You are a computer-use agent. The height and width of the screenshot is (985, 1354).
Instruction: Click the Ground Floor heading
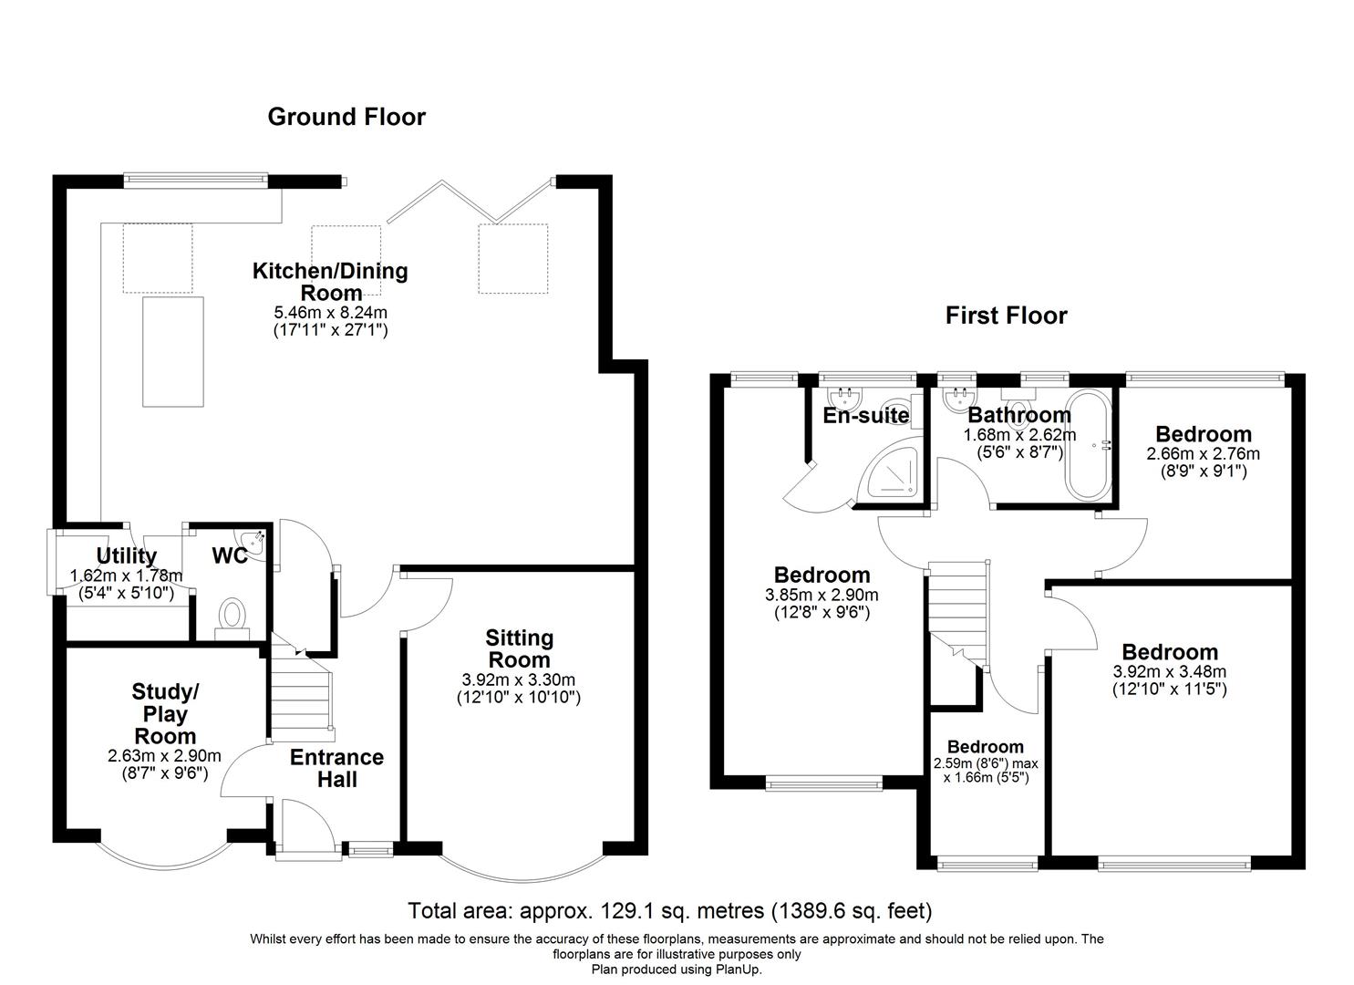pos(346,117)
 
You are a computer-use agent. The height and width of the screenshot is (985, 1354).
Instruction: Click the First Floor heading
pos(1006,316)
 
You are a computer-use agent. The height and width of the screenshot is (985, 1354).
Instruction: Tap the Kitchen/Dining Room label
pos(330,281)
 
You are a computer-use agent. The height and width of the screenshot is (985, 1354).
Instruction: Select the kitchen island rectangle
pos(172,350)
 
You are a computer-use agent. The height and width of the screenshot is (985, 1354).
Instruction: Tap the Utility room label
pos(127,555)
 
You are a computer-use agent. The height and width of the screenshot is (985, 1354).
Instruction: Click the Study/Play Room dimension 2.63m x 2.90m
pos(164,755)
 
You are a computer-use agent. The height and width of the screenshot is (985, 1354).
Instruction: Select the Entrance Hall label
pos(336,768)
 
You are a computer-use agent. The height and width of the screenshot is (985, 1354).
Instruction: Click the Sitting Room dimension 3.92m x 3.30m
pos(519,680)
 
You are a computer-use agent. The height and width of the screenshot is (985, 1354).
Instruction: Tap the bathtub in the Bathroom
pos(1087,445)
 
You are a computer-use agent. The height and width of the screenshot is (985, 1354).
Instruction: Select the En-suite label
pos(865,416)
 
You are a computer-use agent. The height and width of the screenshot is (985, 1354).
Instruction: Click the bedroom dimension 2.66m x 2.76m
pos(1203,453)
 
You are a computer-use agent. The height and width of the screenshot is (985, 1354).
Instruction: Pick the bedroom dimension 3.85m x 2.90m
pos(822,595)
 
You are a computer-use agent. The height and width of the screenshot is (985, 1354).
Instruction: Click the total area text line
pos(669,910)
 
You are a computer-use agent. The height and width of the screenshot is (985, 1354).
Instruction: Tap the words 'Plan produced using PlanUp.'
pos(676,969)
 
